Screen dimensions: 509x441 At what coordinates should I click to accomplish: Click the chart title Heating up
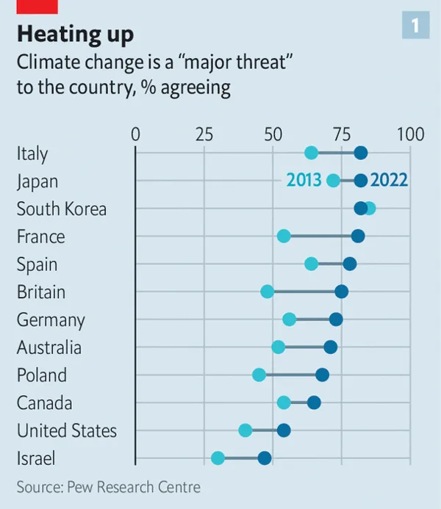pyautogui.click(x=76, y=34)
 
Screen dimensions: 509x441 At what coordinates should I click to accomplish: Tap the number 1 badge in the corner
pyautogui.click(x=415, y=26)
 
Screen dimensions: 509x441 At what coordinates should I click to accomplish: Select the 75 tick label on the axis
pyautogui.click(x=341, y=134)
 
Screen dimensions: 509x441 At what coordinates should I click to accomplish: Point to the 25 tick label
pyautogui.click(x=204, y=134)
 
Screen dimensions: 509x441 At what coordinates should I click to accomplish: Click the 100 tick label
pyautogui.click(x=410, y=134)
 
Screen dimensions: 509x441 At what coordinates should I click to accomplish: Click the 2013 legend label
pyautogui.click(x=304, y=181)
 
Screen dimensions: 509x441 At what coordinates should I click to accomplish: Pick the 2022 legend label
pyautogui.click(x=389, y=181)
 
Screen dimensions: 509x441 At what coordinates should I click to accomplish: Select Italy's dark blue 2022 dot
pyautogui.click(x=360, y=153)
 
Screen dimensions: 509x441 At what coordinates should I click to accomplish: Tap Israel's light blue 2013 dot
pyautogui.click(x=218, y=458)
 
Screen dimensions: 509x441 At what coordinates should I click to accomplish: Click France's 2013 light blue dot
pyautogui.click(x=284, y=236)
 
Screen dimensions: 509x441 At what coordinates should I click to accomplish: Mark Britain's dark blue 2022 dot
pyautogui.click(x=341, y=292)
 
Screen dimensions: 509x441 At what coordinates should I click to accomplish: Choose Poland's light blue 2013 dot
pyautogui.click(x=259, y=375)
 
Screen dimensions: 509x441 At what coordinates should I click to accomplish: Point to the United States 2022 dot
pyautogui.click(x=284, y=430)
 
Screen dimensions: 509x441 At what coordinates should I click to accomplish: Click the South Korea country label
pyautogui.click(x=62, y=209)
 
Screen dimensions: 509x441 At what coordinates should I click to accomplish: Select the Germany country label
pyautogui.click(x=51, y=320)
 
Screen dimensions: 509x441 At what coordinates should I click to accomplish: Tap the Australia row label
pyautogui.click(x=49, y=347)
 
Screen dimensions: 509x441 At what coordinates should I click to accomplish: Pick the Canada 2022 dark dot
pyautogui.click(x=314, y=402)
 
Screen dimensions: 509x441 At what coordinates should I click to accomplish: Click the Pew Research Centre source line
pyautogui.click(x=108, y=486)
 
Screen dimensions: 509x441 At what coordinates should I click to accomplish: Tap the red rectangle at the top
pyautogui.click(x=37, y=6)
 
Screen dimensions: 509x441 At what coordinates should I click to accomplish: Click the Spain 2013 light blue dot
pyautogui.click(x=311, y=264)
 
